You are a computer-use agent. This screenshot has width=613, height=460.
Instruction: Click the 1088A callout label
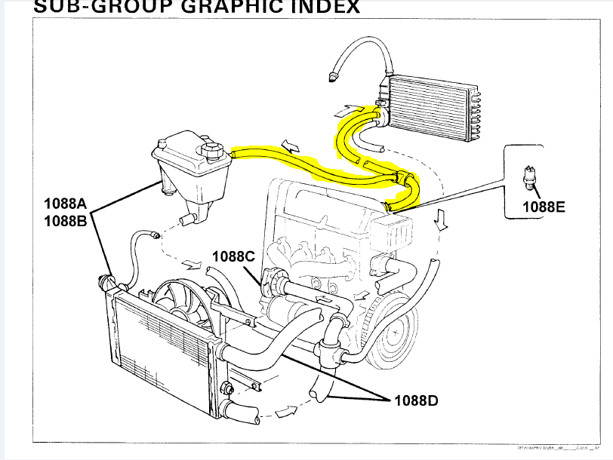point(66,203)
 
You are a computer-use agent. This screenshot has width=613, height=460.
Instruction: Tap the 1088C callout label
point(233,256)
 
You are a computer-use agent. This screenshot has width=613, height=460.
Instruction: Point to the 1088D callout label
point(416,400)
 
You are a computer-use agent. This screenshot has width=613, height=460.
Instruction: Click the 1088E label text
point(544,205)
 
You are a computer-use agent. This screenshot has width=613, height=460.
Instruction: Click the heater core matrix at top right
point(430,106)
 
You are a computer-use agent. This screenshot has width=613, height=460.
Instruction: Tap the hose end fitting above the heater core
point(331,75)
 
